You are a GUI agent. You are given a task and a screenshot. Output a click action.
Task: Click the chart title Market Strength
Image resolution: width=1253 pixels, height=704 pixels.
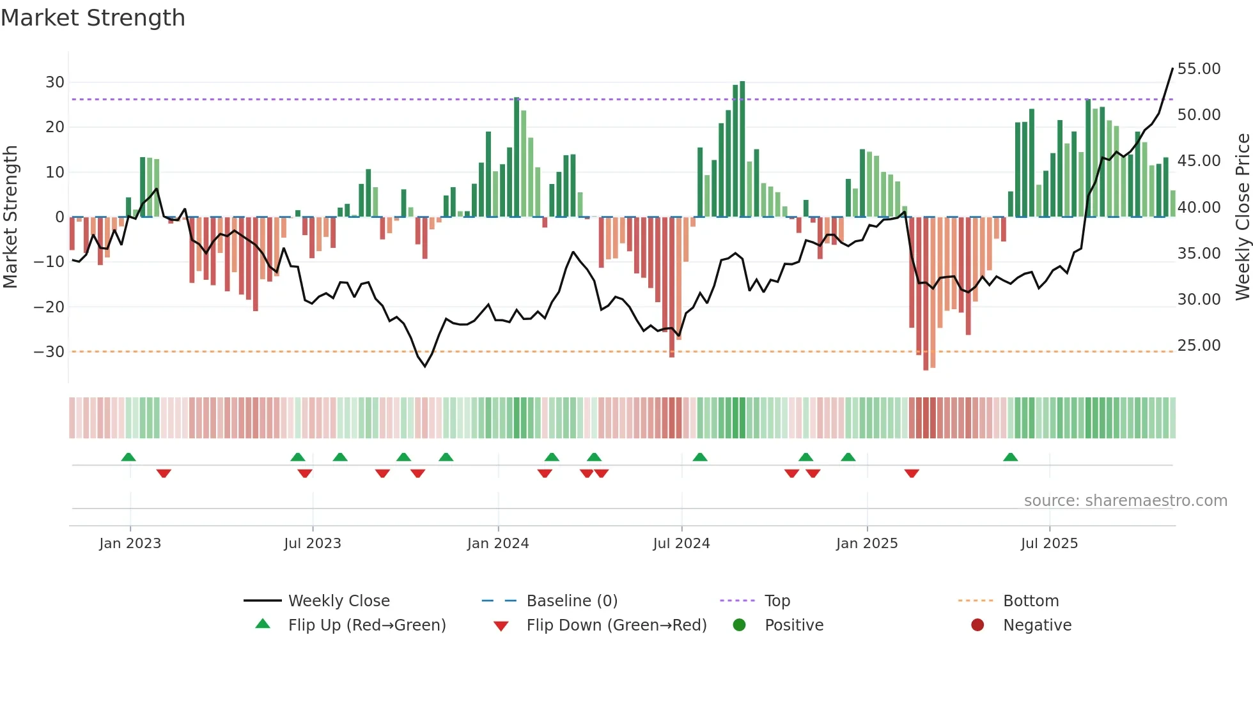click(93, 18)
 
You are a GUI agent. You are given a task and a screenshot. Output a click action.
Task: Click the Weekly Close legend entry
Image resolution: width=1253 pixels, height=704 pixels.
click(338, 601)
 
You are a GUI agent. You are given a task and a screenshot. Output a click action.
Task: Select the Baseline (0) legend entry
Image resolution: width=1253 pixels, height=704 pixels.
click(572, 601)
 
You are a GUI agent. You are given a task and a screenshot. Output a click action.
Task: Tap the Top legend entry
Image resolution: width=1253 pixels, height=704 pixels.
click(777, 601)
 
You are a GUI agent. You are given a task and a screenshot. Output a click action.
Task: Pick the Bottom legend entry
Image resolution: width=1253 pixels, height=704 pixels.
click(1031, 601)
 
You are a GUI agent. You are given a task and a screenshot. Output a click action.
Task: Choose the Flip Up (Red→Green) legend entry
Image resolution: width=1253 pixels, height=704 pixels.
click(366, 625)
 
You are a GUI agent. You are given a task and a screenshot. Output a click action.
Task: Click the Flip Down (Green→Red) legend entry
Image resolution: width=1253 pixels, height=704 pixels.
click(616, 625)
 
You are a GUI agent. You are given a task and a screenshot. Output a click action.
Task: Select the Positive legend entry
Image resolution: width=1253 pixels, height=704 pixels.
click(793, 625)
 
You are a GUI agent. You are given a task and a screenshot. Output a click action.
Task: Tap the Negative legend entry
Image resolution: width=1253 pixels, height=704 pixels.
click(1036, 625)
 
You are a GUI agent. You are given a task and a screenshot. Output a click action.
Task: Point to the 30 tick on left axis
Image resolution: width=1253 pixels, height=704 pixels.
click(55, 82)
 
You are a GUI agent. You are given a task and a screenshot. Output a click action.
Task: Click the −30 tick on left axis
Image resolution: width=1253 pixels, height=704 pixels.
click(49, 352)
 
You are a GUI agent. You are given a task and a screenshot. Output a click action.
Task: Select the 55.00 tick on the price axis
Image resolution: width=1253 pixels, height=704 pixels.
click(1199, 69)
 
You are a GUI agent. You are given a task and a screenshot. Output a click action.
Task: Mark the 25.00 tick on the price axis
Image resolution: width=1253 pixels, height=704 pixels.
click(1199, 346)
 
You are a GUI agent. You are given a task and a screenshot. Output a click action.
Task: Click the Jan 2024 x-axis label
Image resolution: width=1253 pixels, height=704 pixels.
click(498, 544)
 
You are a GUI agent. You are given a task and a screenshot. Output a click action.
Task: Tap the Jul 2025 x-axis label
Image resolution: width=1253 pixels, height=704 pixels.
click(1049, 544)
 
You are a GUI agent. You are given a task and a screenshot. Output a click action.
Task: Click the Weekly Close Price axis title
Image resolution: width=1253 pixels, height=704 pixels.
click(1242, 217)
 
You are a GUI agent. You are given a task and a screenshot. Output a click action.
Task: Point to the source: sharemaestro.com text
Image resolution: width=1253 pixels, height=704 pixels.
click(1125, 501)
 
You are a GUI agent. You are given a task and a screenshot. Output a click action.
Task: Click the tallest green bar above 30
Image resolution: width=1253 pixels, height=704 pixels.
click(742, 148)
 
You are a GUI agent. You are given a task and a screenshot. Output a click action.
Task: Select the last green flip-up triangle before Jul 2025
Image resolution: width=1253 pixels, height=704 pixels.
click(1011, 457)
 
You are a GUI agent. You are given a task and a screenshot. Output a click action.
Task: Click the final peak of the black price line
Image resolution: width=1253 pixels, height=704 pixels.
click(1172, 68)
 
